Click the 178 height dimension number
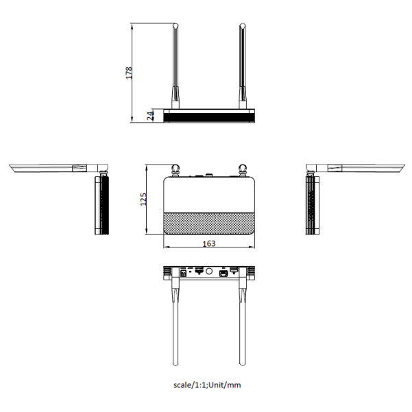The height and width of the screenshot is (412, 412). point(129,73)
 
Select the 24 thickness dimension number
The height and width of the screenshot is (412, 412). point(150,116)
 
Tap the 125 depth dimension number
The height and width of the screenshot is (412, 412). point(143,199)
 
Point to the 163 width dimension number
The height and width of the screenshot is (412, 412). point(209,243)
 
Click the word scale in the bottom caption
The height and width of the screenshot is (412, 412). point(182,385)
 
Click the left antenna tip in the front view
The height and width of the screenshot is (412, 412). point(175,25)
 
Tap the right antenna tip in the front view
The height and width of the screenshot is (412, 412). point(242,25)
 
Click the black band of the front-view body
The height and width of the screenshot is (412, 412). point(209,118)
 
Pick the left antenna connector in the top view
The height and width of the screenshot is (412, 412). point(175,170)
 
